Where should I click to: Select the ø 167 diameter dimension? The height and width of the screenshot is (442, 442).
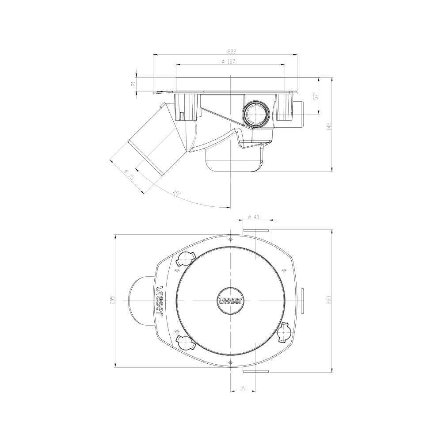[228, 61]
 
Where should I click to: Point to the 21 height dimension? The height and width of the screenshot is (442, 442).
[133, 85]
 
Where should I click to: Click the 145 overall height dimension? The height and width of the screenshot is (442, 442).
[328, 126]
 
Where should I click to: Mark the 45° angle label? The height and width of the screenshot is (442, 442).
[176, 193]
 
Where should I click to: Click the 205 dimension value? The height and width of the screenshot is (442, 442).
[112, 301]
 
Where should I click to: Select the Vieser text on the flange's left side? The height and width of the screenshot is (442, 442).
[160, 301]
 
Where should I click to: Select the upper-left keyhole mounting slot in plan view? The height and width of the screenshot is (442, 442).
[185, 259]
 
